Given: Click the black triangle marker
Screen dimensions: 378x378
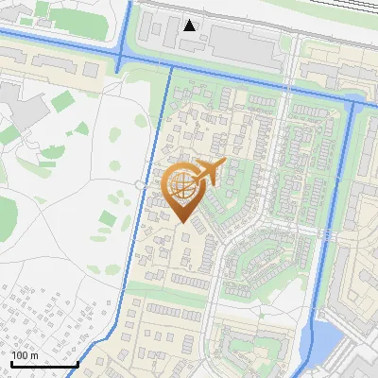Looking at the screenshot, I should (x=190, y=26).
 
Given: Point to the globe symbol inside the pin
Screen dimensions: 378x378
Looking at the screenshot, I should (x=180, y=187).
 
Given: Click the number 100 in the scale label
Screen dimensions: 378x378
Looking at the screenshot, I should (x=19, y=355).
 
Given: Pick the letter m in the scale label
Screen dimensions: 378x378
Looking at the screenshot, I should (x=34, y=355).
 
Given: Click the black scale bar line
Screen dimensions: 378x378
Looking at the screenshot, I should (x=44, y=364).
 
